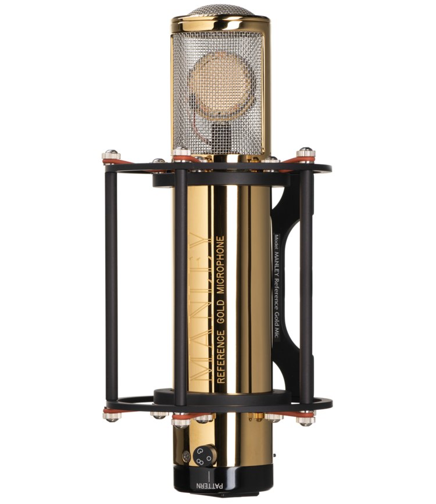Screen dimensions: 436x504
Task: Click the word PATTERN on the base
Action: click(210, 485)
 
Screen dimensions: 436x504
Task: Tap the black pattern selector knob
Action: click(205, 455)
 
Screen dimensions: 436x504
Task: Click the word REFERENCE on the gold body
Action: click(221, 356)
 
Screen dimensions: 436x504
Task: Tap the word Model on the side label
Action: click(276, 241)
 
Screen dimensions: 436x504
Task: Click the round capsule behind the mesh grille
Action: click(220, 86)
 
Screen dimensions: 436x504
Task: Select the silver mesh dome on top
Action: click(220, 10)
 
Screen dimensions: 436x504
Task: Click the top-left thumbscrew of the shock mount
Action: click(111, 156)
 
